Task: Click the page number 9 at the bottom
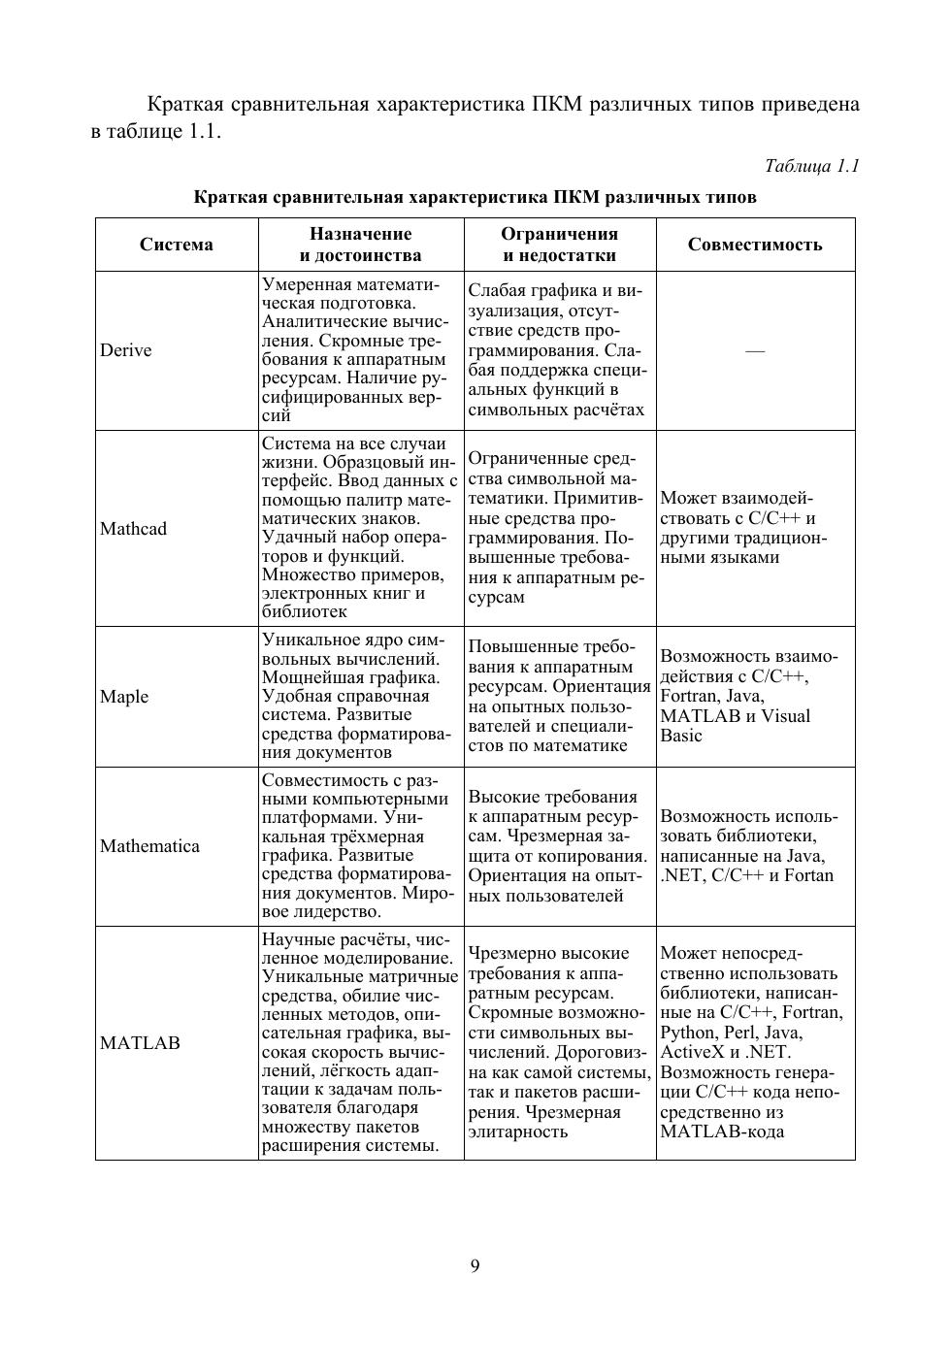coord(475,1265)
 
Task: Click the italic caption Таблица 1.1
coord(811,166)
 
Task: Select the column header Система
coord(177,245)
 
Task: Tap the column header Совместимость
coord(755,245)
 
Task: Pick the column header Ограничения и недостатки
coord(559,245)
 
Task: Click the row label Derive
coord(125,350)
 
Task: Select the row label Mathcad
coord(133,529)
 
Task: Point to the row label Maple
coord(124,697)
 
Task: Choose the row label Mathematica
coord(149,846)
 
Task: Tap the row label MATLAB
coord(140,1043)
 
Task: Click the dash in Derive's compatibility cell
coord(755,350)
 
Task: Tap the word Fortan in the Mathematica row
coord(809,875)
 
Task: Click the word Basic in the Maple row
coord(680,736)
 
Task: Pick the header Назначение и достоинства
coord(360,245)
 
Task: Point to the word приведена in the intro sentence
coord(812,104)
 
